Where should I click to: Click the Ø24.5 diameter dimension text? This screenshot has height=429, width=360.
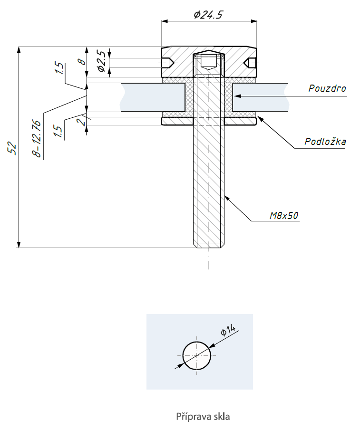click(208, 15)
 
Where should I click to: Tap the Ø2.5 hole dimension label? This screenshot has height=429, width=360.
click(101, 62)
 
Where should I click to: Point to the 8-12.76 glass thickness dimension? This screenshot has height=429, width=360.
click(37, 138)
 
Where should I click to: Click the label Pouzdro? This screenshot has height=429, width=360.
click(327, 88)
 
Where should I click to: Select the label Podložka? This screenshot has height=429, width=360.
click(325, 142)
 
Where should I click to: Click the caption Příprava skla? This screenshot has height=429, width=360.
click(203, 417)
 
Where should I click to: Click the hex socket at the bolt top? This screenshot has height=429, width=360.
click(208, 61)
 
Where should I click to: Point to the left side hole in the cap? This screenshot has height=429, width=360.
click(167, 63)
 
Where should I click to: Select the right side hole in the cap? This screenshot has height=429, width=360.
click(249, 63)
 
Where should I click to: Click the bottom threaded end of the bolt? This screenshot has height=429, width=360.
click(208, 243)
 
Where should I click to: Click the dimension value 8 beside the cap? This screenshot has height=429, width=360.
click(81, 61)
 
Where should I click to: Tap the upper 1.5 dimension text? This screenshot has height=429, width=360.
click(59, 69)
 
